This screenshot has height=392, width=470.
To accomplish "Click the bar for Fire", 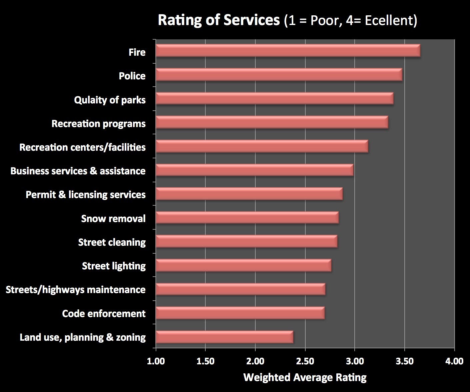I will (288, 51).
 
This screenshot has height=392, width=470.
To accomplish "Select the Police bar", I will (279, 75).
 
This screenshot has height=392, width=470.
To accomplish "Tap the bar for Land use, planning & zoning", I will (224, 337).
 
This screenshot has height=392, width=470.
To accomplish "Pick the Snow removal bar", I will (247, 218).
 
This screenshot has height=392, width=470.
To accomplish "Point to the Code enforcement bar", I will (240, 313).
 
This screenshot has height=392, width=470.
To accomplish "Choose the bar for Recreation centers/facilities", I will (262, 146).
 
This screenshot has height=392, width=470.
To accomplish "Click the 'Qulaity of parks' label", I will (110, 100).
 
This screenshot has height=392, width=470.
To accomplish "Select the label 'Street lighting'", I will (114, 266).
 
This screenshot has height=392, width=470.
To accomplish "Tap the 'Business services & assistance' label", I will (78, 171).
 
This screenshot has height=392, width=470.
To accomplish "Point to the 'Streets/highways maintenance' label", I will (76, 290).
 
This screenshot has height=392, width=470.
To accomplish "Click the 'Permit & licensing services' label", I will (86, 195).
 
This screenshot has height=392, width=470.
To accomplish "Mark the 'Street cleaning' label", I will (112, 242).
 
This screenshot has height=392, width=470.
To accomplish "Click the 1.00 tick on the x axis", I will (156, 361).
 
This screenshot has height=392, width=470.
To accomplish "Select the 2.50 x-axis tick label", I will (305, 361).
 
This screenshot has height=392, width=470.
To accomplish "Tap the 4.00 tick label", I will (454, 361).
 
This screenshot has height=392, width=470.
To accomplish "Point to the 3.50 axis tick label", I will (404, 361).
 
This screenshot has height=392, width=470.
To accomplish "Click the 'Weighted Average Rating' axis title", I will (305, 377).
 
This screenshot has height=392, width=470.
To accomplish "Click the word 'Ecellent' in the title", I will (389, 21).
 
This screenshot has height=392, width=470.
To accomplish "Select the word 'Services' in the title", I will (252, 20).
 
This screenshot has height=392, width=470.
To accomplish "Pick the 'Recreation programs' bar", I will (272, 122).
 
